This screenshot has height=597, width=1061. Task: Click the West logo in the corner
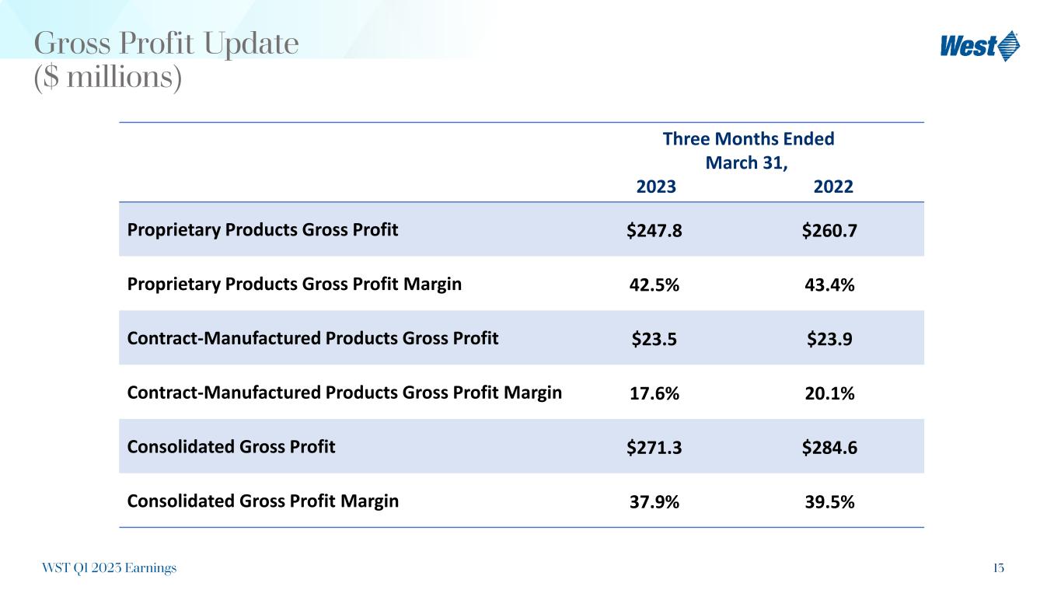pos(979,46)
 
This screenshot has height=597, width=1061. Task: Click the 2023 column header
pos(656,187)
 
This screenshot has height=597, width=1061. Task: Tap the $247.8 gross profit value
pos(655,231)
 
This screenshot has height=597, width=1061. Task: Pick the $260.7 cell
pos(830,231)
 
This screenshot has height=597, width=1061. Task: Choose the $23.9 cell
pos(830,340)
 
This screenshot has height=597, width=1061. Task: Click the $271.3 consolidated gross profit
pos(655,449)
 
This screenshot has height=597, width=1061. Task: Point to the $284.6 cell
pos(830,449)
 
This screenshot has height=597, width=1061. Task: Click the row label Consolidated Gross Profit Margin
pos(263,501)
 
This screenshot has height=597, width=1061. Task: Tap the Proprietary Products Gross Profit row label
pos(263,230)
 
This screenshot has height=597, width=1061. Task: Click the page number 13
pos(998,568)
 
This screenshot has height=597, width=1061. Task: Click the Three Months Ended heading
pos(748,139)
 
